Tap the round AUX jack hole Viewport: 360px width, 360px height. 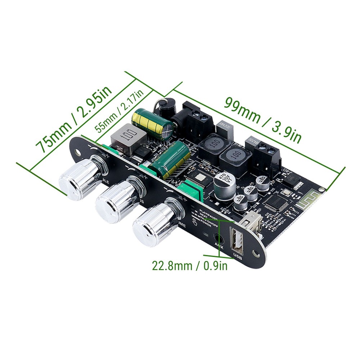[218, 238]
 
